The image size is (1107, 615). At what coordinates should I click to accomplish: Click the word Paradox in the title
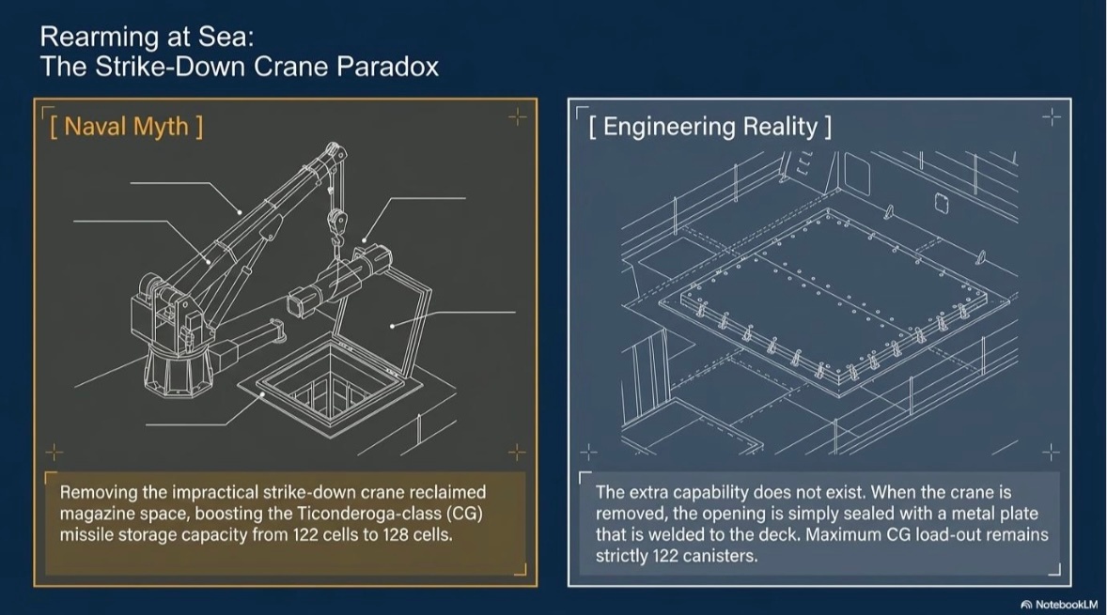coord(386,67)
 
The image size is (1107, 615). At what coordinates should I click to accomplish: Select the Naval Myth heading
coord(126,126)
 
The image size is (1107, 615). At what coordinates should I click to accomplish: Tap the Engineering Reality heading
coord(709,126)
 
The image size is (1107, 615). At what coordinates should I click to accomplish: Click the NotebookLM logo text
coord(1060,605)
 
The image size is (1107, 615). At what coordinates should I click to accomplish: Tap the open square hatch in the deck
coord(330,388)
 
